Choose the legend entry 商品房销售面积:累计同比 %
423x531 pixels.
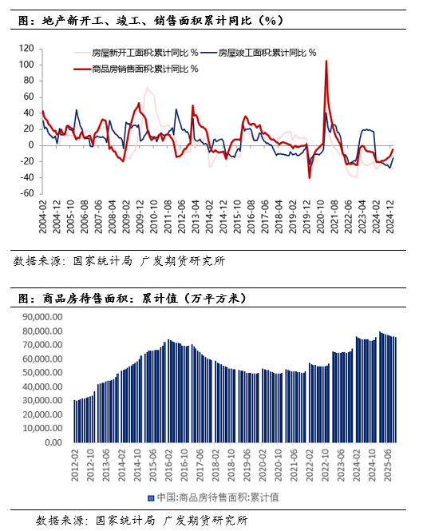[x=140, y=69]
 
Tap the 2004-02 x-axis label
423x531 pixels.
[x=42, y=217]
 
